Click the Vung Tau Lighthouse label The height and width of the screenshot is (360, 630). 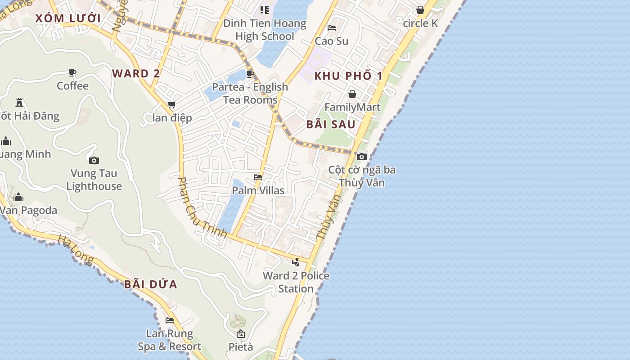click(x=94, y=180)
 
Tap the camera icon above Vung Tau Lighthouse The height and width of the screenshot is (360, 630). click(x=94, y=160)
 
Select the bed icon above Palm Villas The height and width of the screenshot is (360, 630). click(x=258, y=177)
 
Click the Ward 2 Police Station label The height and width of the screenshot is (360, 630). click(x=296, y=282)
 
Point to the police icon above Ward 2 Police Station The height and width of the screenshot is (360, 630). click(x=296, y=262)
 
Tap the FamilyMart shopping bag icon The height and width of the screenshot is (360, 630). click(x=352, y=94)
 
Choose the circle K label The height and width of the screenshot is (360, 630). click(x=420, y=23)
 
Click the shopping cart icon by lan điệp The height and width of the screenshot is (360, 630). click(x=171, y=105)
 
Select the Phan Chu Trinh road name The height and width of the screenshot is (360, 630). click(x=201, y=207)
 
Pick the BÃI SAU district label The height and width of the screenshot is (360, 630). click(x=331, y=125)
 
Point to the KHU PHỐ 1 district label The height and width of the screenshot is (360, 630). click(x=348, y=76)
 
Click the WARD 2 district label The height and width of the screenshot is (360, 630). click(x=136, y=73)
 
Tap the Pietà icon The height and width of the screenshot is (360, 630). click(x=241, y=334)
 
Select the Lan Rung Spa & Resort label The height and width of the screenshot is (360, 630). click(x=169, y=340)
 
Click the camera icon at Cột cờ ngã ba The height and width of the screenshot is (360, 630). click(x=361, y=157)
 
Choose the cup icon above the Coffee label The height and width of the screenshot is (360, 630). click(x=72, y=73)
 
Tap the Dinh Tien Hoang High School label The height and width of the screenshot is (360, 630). click(x=265, y=30)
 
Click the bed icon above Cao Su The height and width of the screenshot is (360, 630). click(x=332, y=28)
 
